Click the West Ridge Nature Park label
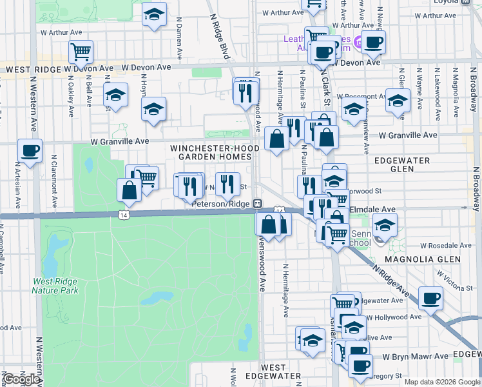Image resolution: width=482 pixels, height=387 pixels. (55, 286)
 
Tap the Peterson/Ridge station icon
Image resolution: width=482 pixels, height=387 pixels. (257, 203)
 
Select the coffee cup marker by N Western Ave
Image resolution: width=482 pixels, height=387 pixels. (30, 152)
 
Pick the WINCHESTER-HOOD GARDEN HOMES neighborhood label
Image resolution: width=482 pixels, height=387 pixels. (215, 152)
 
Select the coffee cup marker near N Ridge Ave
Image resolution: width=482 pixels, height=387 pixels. (430, 299)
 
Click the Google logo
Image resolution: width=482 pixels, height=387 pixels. (21, 379)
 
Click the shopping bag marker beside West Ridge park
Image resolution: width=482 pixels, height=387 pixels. (129, 190)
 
